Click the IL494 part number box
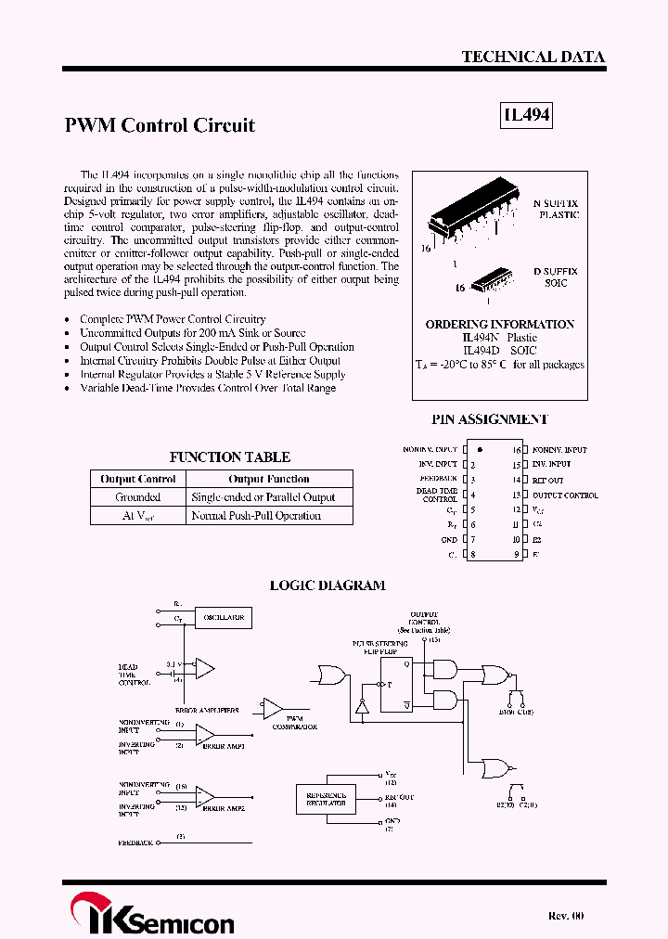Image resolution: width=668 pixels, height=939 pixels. [527, 115]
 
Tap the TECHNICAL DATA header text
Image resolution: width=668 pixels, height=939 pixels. [533, 57]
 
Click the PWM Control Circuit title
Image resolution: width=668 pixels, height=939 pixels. [160, 125]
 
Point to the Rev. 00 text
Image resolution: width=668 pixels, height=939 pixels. [566, 916]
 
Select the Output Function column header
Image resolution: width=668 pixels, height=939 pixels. [269, 479]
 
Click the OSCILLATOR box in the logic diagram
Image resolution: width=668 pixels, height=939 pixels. [223, 617]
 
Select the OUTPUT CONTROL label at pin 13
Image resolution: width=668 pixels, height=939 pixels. [565, 495]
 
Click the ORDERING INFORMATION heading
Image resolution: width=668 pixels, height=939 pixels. [499, 325]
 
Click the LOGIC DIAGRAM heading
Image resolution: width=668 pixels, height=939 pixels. [327, 585]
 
